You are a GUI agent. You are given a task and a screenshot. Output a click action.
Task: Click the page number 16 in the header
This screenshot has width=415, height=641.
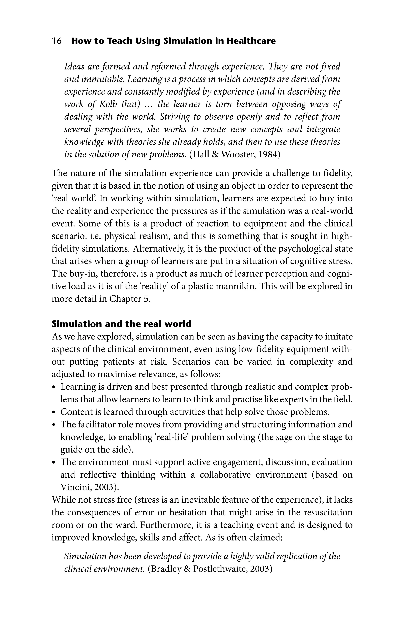[x=57, y=41]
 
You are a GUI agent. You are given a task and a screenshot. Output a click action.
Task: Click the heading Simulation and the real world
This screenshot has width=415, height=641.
[x=121, y=324]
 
